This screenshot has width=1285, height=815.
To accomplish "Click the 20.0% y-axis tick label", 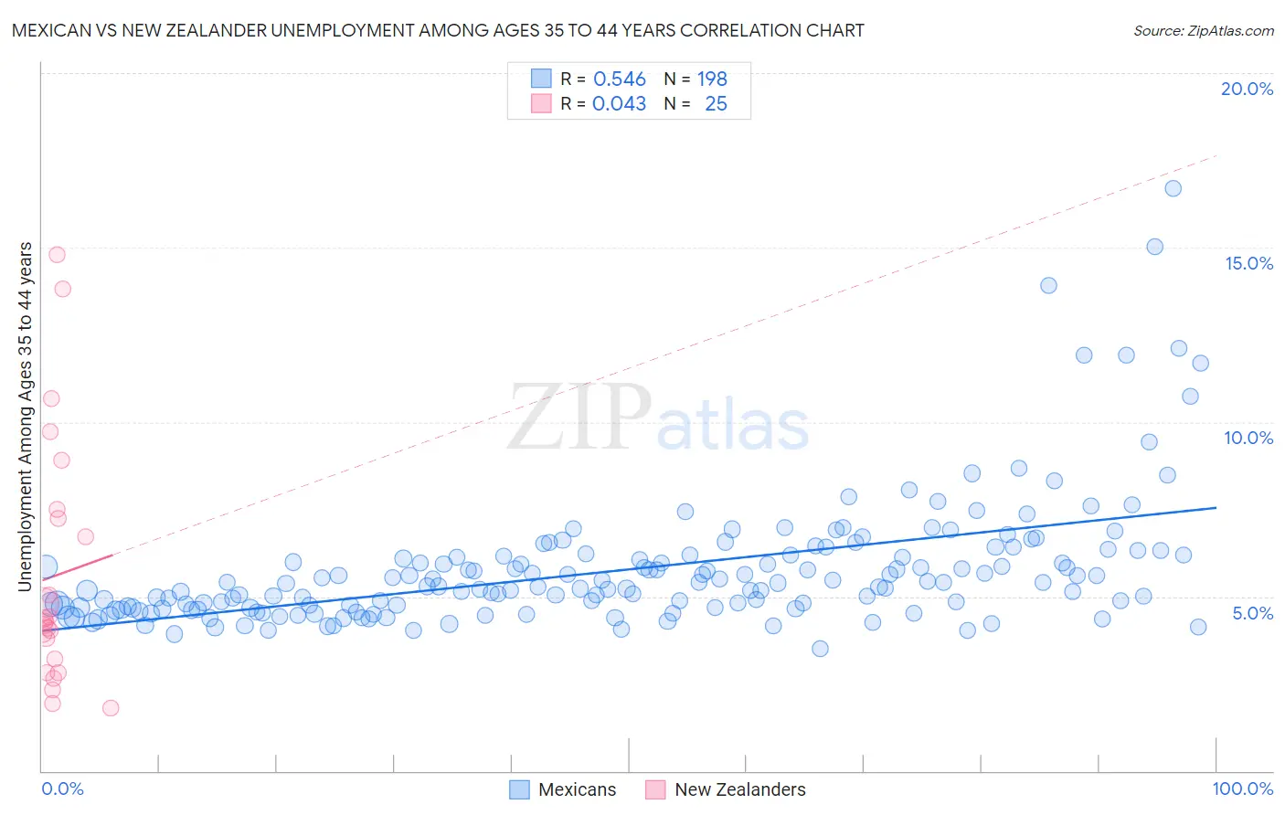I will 1247,89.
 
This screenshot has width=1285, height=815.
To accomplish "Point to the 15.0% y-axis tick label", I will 1248,263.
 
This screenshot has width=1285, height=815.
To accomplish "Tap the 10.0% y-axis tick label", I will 1248,438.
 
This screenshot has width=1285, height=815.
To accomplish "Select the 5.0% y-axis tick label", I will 1252,613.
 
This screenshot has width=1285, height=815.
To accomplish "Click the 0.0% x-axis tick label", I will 62,789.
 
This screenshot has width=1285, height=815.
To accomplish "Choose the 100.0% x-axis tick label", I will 1242,789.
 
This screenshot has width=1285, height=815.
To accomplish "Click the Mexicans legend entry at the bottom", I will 563,789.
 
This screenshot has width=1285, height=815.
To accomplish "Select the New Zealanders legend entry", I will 727,789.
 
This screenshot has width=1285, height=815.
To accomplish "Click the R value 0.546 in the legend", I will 620,79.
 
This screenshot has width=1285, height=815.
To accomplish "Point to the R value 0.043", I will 619,104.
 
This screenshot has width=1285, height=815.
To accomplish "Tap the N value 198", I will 712,79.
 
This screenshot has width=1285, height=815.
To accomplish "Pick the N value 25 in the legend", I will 716,104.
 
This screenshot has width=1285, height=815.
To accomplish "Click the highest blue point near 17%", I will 1173,188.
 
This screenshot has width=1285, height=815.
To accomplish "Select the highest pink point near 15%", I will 57,255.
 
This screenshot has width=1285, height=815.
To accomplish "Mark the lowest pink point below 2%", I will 111,708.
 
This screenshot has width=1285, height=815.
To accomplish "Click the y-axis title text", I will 26,416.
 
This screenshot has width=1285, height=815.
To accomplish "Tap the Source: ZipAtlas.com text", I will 1203,30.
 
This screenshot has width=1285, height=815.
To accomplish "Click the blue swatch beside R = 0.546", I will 541,79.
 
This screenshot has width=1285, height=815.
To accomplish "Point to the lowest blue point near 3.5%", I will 820,649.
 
